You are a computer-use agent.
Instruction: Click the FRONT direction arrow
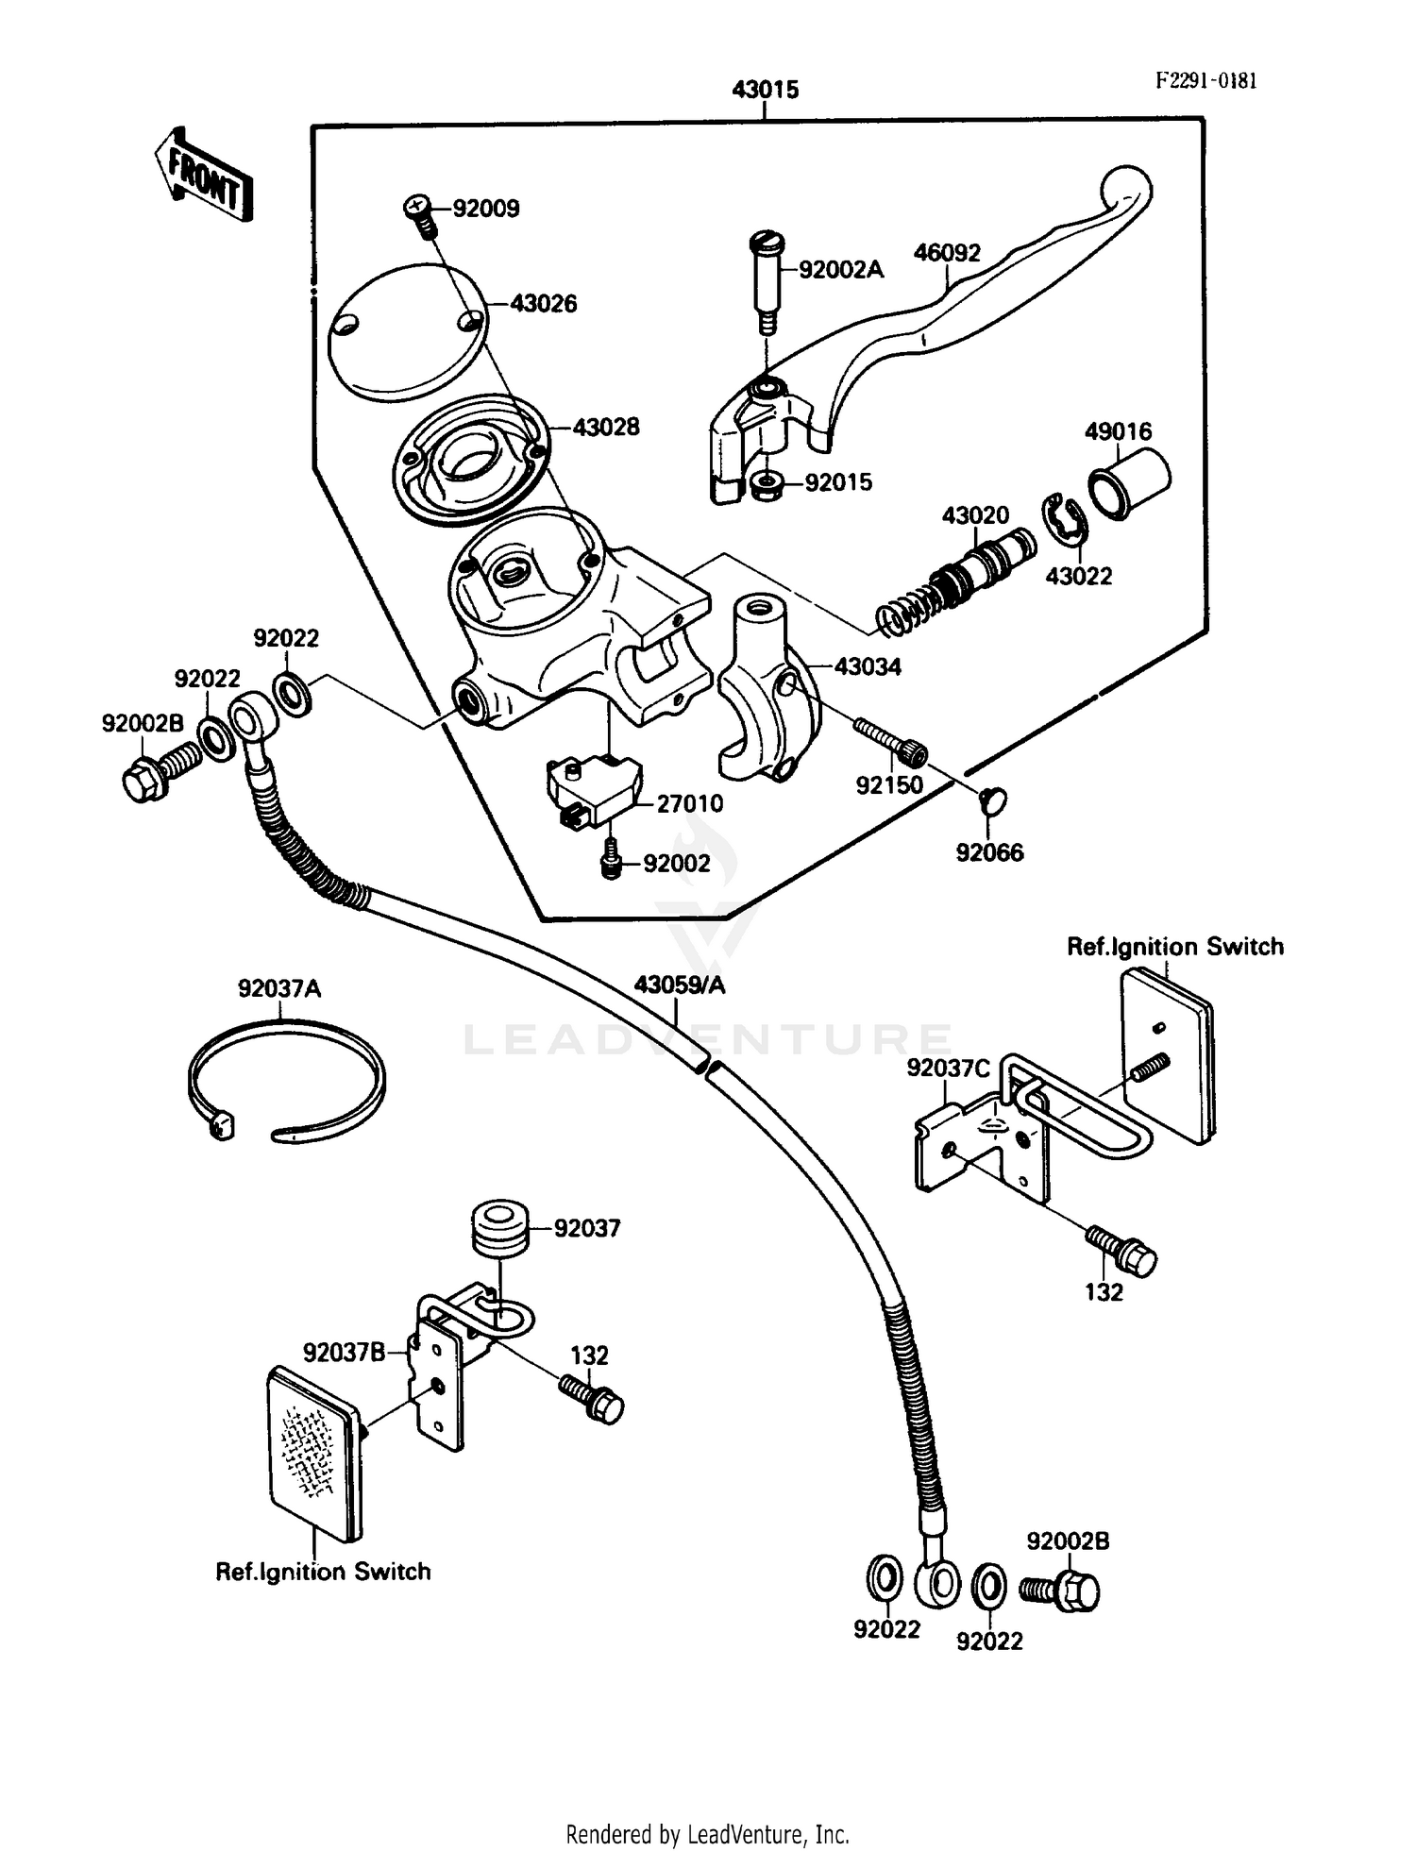204,176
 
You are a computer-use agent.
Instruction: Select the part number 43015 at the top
765,90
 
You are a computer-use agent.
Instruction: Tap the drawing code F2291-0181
1205,81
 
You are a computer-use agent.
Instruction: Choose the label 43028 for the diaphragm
605,428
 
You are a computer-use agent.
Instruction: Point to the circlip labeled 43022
1062,520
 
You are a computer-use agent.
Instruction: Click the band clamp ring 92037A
285,1080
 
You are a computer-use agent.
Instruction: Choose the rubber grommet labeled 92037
499,1229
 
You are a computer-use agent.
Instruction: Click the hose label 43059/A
679,985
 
